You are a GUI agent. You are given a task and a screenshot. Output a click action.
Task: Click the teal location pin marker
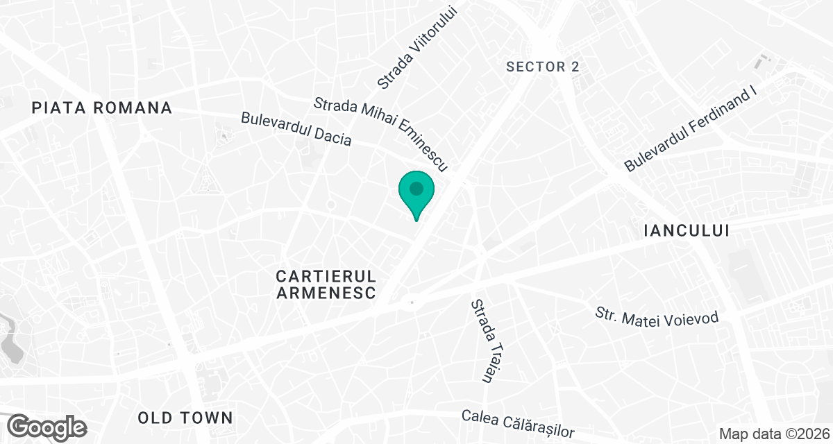tap(416, 194)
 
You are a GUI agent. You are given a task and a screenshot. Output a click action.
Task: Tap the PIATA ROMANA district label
tap(102, 108)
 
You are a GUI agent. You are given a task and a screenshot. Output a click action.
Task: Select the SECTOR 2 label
tap(543, 67)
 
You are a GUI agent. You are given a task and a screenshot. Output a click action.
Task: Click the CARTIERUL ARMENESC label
tap(326, 284)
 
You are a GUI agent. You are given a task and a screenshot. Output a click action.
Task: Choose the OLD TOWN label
tap(185, 418)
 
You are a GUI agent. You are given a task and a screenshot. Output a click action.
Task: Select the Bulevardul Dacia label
tap(296, 129)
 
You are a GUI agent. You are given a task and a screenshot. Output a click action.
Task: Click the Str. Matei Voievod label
tap(657, 316)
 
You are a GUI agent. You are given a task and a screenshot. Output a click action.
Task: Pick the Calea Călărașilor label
tap(519, 423)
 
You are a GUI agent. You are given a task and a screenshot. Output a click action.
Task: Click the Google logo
tap(47, 426)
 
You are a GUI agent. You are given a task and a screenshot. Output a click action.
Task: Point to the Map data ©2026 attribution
tap(774, 434)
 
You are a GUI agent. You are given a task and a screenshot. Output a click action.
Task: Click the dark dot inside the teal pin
tap(416, 188)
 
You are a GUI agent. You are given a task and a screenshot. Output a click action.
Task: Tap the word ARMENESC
tap(326, 293)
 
